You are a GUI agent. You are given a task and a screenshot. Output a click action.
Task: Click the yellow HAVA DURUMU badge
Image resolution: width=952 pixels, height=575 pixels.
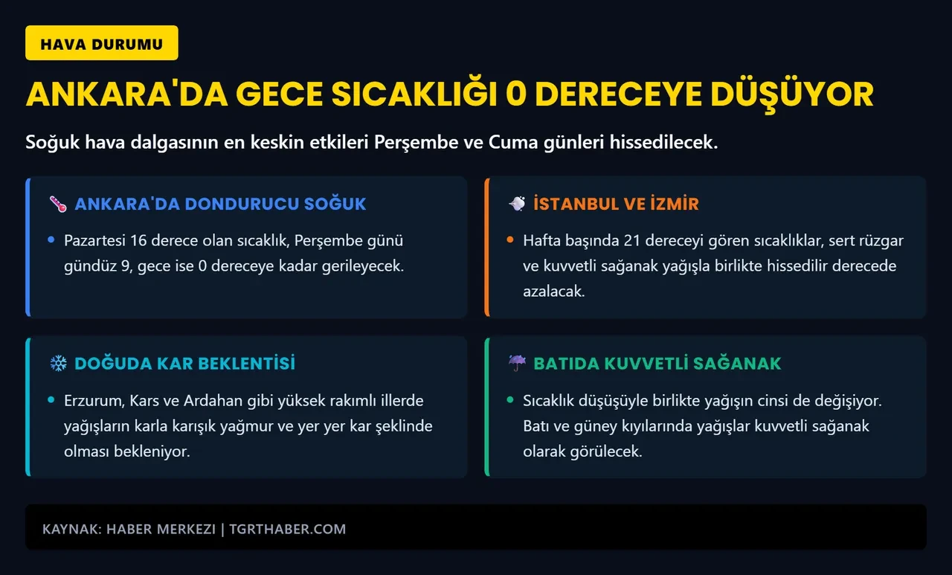(x=101, y=43)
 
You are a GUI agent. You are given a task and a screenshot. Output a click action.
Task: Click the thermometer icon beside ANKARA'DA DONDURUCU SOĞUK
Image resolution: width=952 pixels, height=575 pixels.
(x=58, y=204)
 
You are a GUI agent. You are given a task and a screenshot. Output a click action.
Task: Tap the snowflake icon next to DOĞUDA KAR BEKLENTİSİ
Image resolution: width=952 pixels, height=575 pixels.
(x=58, y=363)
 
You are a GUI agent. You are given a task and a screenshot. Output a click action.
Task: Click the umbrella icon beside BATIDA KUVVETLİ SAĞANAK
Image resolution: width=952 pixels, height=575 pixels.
(x=517, y=363)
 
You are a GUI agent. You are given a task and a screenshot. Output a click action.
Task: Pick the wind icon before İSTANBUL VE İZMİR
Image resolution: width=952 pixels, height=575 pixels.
(x=517, y=203)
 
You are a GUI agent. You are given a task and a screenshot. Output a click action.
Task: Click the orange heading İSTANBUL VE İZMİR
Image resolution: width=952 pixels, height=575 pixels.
(x=616, y=204)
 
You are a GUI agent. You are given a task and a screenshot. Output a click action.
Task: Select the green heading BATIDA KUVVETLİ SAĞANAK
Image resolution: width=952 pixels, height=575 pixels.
(x=657, y=363)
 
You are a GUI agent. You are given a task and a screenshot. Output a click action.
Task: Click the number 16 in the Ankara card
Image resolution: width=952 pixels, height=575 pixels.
(x=138, y=241)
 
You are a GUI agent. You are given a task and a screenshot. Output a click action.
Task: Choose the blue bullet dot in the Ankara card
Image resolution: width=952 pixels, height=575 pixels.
(x=51, y=240)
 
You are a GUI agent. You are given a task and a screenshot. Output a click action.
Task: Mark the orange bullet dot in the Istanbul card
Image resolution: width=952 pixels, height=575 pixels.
(x=509, y=240)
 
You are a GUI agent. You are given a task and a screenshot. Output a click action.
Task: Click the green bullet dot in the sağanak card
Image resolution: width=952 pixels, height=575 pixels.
(x=509, y=399)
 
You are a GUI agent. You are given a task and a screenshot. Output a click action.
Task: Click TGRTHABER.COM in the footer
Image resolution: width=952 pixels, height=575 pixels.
(x=288, y=529)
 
